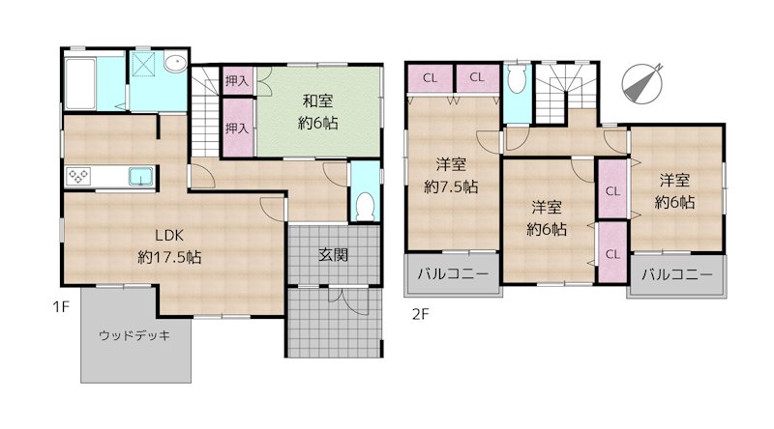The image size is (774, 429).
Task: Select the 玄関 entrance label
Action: (334, 255)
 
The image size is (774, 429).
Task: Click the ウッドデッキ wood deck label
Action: (134, 336)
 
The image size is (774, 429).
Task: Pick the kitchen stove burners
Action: (78, 177)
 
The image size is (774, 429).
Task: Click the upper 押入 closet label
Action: (236, 80)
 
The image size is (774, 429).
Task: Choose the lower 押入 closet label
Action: (236, 129)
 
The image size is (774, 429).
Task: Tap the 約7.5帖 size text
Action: (451, 187)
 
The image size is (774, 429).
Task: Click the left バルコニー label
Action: (452, 274)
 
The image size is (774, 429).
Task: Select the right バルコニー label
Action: (676, 275)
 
